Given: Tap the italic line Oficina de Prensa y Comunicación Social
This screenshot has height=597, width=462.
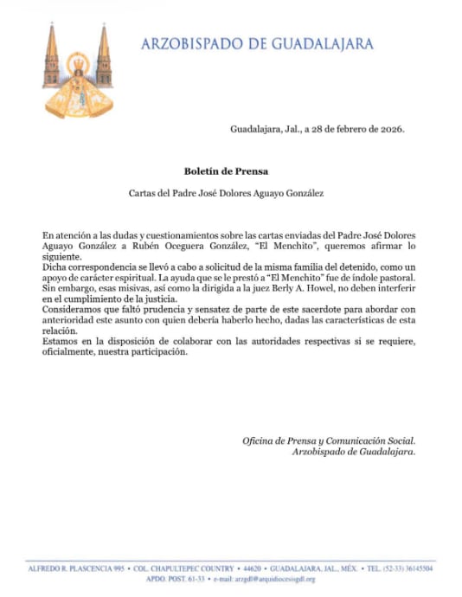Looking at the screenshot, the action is (329, 441).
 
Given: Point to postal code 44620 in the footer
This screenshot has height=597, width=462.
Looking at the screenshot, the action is (246, 569).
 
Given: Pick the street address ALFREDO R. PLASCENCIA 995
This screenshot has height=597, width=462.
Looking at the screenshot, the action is (74, 569).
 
